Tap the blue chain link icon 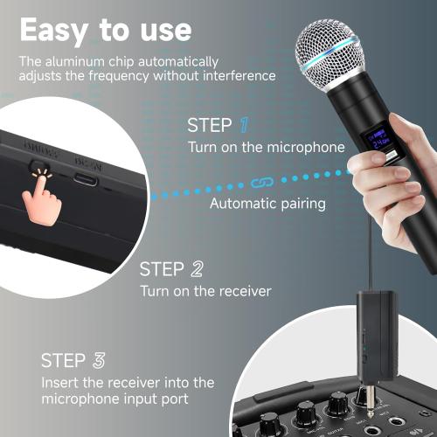pos(259,183)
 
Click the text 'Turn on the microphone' pos(267,147)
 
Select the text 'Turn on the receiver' pos(205,291)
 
